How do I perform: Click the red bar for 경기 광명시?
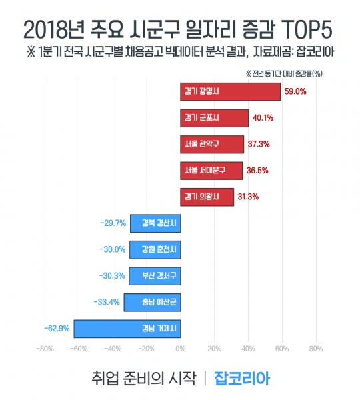(230, 92)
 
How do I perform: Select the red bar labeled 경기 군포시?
(214, 118)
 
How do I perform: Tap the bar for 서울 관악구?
(212, 144)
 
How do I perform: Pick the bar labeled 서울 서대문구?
(211, 171)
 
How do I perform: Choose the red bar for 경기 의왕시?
(207, 197)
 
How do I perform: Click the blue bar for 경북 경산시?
(155, 223)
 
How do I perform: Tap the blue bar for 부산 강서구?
(155, 275)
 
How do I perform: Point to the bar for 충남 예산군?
(152, 301)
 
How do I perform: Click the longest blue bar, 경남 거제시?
(127, 328)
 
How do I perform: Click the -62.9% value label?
(57, 328)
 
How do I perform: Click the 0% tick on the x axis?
(180, 349)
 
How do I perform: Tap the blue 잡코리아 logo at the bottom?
(241, 378)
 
